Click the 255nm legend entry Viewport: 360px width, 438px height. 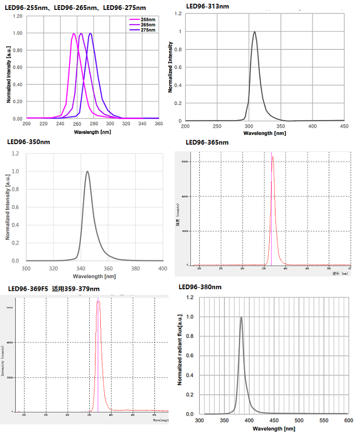click(148, 19)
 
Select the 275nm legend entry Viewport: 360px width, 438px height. click(148, 30)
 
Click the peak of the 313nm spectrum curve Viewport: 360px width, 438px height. click(255, 32)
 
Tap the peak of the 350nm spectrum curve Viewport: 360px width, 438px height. click(87, 172)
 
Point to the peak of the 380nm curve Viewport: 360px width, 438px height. click(241, 317)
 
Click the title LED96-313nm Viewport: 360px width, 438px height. click(207, 6)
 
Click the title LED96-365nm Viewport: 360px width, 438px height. click(207, 143)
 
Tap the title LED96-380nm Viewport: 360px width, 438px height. click(200, 287)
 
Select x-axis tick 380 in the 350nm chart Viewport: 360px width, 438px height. click(135, 268)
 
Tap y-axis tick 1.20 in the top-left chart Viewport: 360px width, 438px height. click(18, 16)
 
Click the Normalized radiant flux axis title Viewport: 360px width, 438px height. click(180, 349)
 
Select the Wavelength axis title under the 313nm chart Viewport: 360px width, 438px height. click(265, 134)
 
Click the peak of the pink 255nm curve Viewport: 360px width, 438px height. click(74, 34)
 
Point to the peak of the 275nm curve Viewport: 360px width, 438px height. click(91, 34)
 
